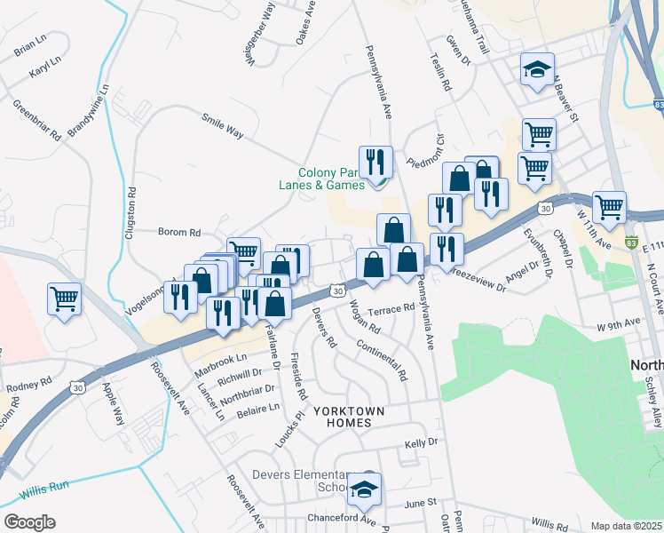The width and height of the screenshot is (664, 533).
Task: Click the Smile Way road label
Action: (222, 130)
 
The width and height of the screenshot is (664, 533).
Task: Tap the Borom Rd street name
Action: (179, 232)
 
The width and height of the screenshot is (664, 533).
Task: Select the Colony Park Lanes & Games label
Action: (331, 179)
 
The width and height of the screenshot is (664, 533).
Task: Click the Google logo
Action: (28, 521)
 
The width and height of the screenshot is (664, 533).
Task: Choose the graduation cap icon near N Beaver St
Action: (538, 72)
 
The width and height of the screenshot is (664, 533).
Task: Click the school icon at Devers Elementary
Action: (364, 489)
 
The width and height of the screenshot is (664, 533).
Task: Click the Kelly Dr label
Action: (422, 442)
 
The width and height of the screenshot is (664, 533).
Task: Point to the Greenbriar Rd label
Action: (36, 120)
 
